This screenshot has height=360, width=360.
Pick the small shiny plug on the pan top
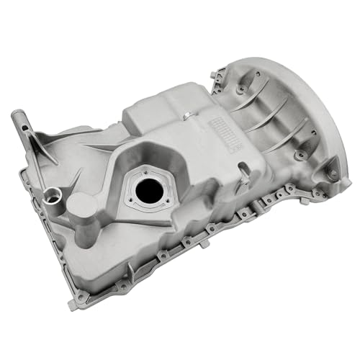186,117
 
